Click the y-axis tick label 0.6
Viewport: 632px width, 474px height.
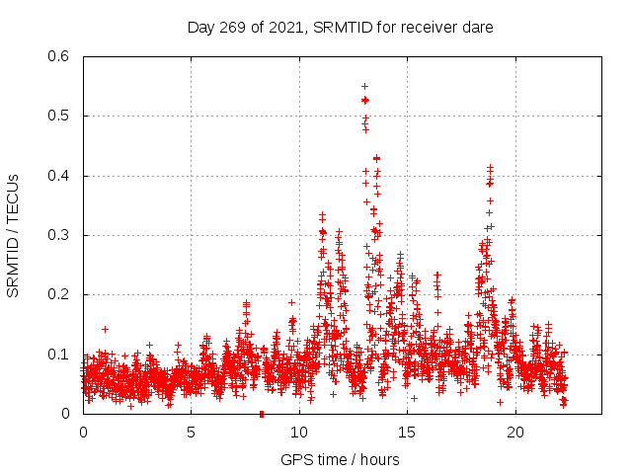pyautogui.click(x=58, y=56)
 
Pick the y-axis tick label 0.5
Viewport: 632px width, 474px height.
pyautogui.click(x=58, y=117)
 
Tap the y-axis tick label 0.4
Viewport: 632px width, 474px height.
pyautogui.click(x=58, y=176)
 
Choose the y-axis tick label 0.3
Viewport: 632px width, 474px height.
pyautogui.click(x=58, y=235)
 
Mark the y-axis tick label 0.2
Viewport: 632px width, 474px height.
pyautogui.click(x=58, y=294)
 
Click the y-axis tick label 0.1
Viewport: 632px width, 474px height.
pyautogui.click(x=58, y=354)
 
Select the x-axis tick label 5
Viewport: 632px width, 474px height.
pyautogui.click(x=192, y=432)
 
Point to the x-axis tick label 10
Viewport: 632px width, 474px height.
pyautogui.click(x=299, y=432)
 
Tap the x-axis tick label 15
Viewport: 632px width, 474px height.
pyautogui.click(x=407, y=432)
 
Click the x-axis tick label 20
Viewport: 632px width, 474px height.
pyautogui.click(x=515, y=432)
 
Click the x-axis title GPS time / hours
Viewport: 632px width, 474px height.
pyautogui.click(x=340, y=459)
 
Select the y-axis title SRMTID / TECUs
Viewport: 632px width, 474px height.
pyautogui.click(x=14, y=235)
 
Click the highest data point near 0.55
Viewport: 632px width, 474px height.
pyautogui.click(x=364, y=86)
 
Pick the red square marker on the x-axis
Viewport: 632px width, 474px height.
pyautogui.click(x=261, y=413)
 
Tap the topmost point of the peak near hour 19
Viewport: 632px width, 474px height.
pyautogui.click(x=490, y=168)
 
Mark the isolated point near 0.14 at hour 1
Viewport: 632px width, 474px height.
pyautogui.click(x=105, y=329)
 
